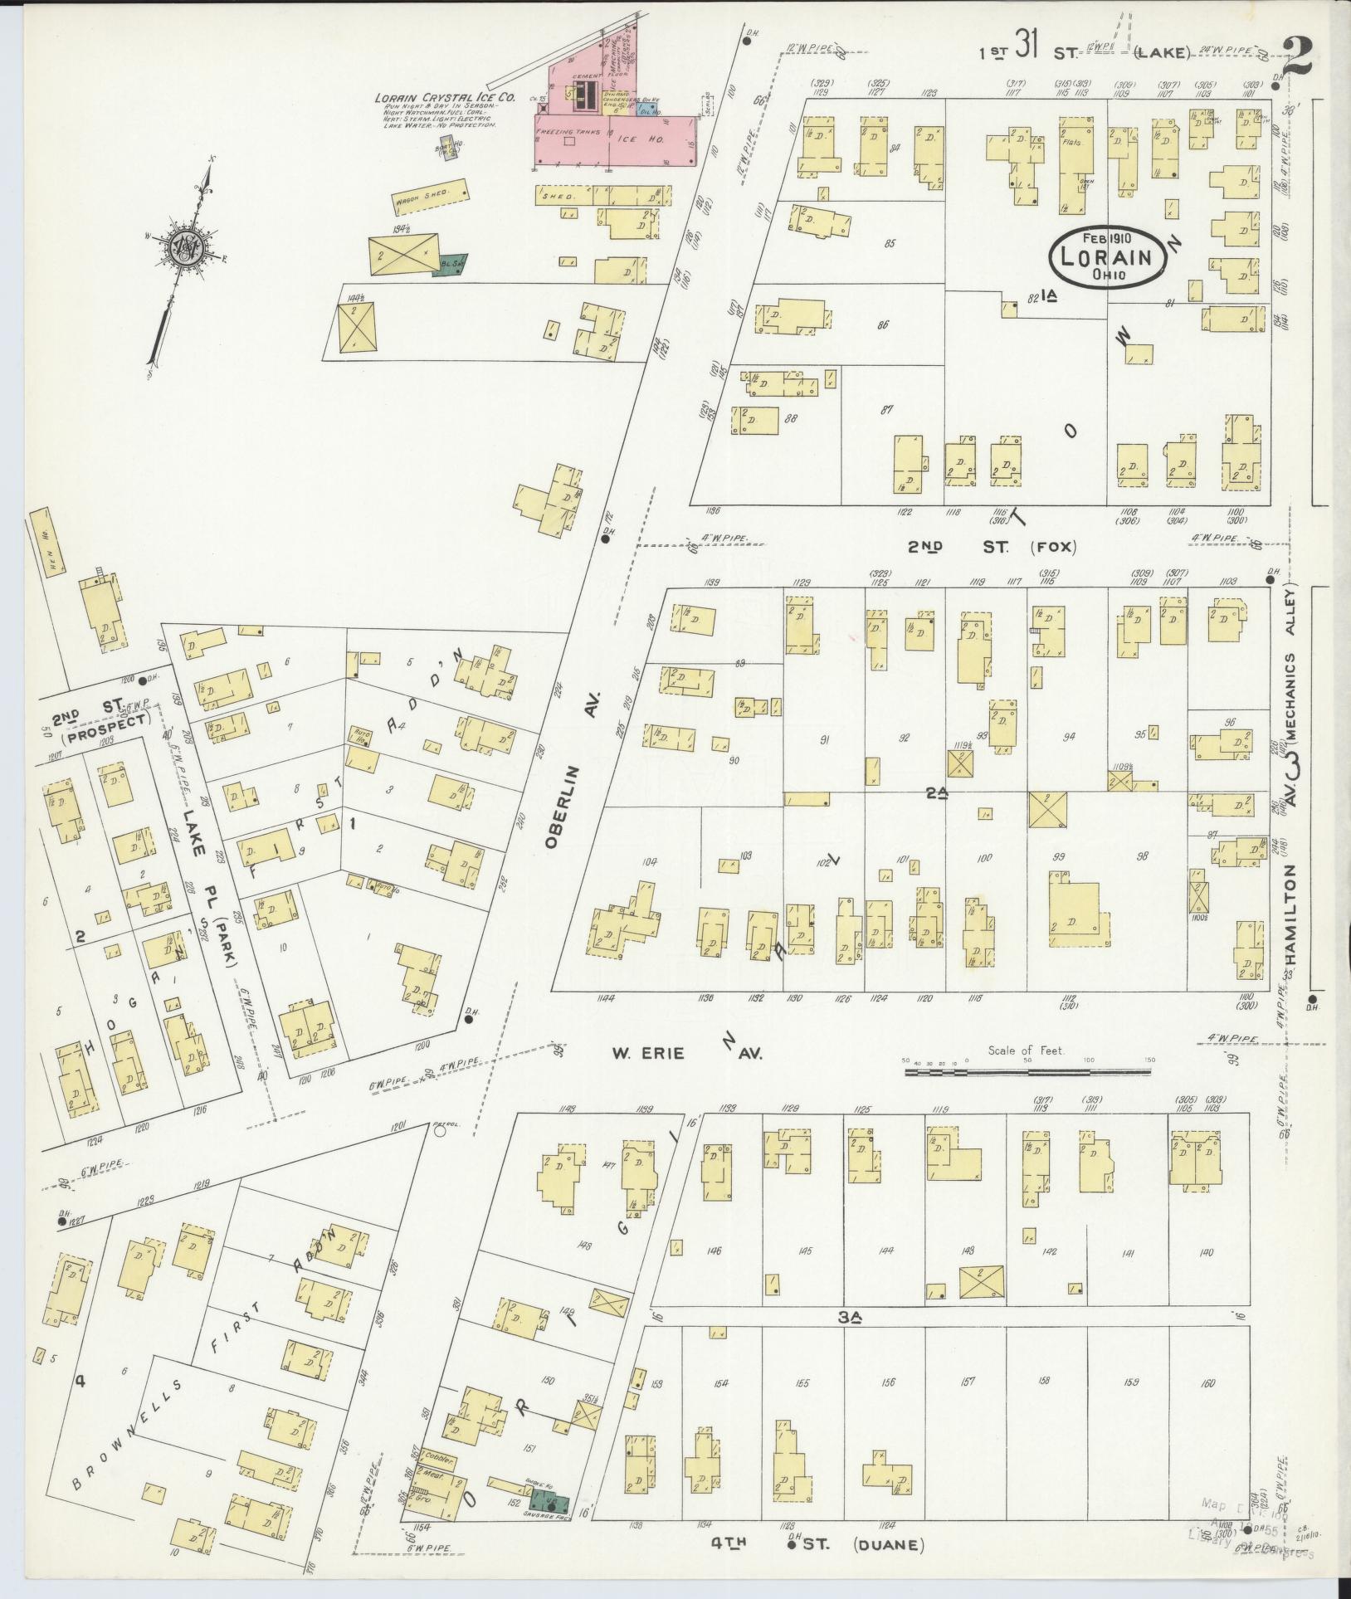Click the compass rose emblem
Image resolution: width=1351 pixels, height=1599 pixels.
click(x=181, y=249)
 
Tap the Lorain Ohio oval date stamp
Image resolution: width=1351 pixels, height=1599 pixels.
click(x=1107, y=256)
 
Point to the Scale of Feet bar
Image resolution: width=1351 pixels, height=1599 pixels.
click(x=1027, y=1073)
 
